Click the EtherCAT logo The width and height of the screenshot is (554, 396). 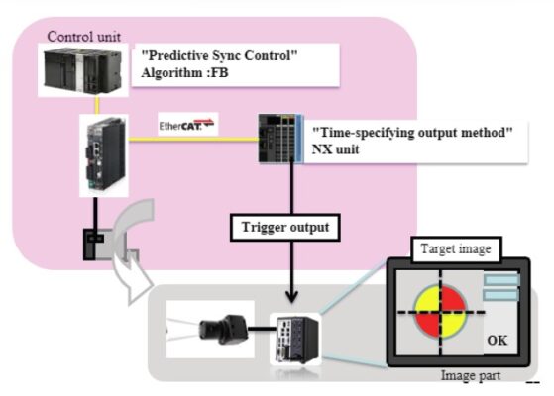(187, 126)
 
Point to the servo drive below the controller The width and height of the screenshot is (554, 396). (102, 153)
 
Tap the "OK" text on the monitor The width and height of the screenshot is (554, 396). (497, 340)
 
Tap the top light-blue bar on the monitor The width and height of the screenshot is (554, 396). (501, 280)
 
